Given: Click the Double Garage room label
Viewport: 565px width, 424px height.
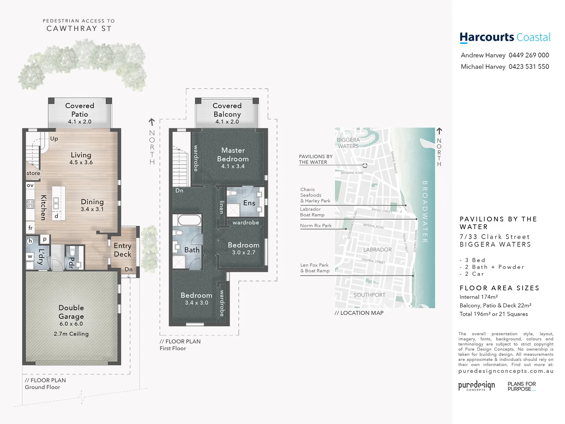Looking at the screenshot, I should pyautogui.click(x=71, y=312).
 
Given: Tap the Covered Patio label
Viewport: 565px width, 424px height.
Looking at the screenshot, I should pyautogui.click(x=80, y=110).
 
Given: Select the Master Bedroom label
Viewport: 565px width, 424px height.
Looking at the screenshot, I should pyautogui.click(x=233, y=155).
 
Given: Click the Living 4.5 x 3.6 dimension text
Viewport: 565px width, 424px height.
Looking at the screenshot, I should pyautogui.click(x=81, y=163).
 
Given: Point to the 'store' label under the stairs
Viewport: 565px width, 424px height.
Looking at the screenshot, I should pyautogui.click(x=33, y=173).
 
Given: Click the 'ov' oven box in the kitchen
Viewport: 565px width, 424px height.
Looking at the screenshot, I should pyautogui.click(x=30, y=185).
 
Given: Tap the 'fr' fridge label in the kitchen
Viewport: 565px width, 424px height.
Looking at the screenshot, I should pyautogui.click(x=30, y=228).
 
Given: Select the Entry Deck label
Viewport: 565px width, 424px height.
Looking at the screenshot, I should pyautogui.click(x=122, y=250).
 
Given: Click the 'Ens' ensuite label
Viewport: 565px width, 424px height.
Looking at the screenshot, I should pyautogui.click(x=249, y=203).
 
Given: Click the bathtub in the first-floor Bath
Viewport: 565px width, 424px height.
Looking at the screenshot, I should pyautogui.click(x=190, y=220).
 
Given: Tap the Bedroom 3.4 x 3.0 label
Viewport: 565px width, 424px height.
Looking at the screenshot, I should pyautogui.click(x=196, y=298).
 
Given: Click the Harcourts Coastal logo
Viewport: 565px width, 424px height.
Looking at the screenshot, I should pyautogui.click(x=505, y=38).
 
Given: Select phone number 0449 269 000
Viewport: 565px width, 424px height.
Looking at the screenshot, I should pyautogui.click(x=529, y=55).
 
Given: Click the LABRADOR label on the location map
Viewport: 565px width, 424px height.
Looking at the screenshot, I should pyautogui.click(x=377, y=250).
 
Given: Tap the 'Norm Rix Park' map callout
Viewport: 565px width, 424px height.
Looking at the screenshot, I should pyautogui.click(x=316, y=226).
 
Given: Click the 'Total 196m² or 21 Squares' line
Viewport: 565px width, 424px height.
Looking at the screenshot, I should pyautogui.click(x=494, y=314).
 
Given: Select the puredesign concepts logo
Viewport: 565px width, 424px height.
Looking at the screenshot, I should pyautogui.click(x=476, y=386).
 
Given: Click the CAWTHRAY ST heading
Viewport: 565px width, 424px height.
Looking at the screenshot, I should pyautogui.click(x=79, y=29).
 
